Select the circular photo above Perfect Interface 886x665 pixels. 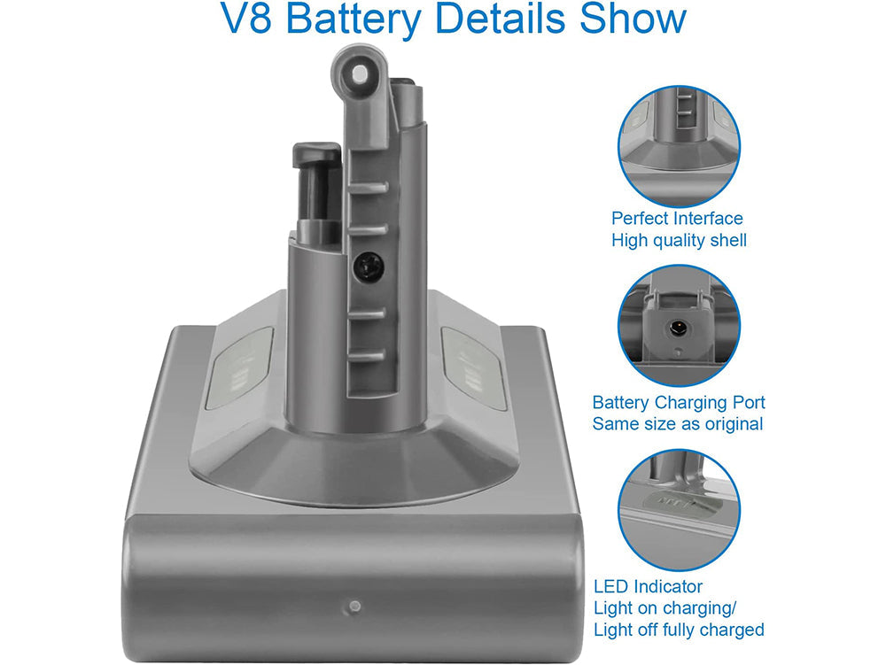click(x=679, y=147)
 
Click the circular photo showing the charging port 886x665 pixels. click(x=679, y=327)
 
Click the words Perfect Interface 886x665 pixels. click(x=677, y=218)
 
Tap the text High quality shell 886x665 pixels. click(x=679, y=240)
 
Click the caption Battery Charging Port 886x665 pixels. click(x=679, y=402)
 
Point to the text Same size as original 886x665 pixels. click(x=678, y=424)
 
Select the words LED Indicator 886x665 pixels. click(x=648, y=586)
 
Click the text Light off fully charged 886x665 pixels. click(x=679, y=630)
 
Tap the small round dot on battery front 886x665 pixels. click(x=354, y=607)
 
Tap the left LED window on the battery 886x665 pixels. click(x=239, y=367)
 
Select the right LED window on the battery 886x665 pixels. click(x=473, y=367)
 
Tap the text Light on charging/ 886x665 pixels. click(x=665, y=608)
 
